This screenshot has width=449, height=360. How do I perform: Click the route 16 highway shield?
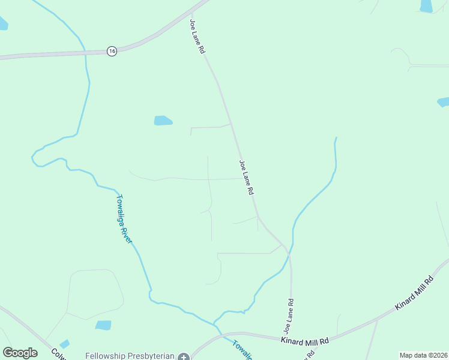tap(112, 51)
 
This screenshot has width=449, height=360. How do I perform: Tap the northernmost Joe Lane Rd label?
tap(197, 37)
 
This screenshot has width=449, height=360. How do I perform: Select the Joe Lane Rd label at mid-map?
tap(247, 177)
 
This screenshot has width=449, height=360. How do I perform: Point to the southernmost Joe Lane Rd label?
tap(289, 316)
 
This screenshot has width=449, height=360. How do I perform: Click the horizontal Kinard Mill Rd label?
tap(305, 341)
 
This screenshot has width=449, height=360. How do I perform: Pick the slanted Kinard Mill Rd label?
tap(414, 293)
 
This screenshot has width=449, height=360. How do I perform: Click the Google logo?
tap(20, 353)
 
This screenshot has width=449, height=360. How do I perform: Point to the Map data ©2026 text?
tap(423, 355)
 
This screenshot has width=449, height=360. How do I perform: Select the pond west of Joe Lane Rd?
tap(163, 121)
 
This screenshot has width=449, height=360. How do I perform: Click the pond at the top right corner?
tap(426, 6)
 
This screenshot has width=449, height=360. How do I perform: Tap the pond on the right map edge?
tap(444, 102)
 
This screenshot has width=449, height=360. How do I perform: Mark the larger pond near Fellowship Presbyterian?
tap(103, 325)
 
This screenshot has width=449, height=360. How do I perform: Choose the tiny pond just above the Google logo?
tap(64, 344)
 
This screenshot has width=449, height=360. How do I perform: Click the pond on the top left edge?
tap(3, 23)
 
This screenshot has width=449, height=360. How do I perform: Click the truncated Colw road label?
tap(58, 354)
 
